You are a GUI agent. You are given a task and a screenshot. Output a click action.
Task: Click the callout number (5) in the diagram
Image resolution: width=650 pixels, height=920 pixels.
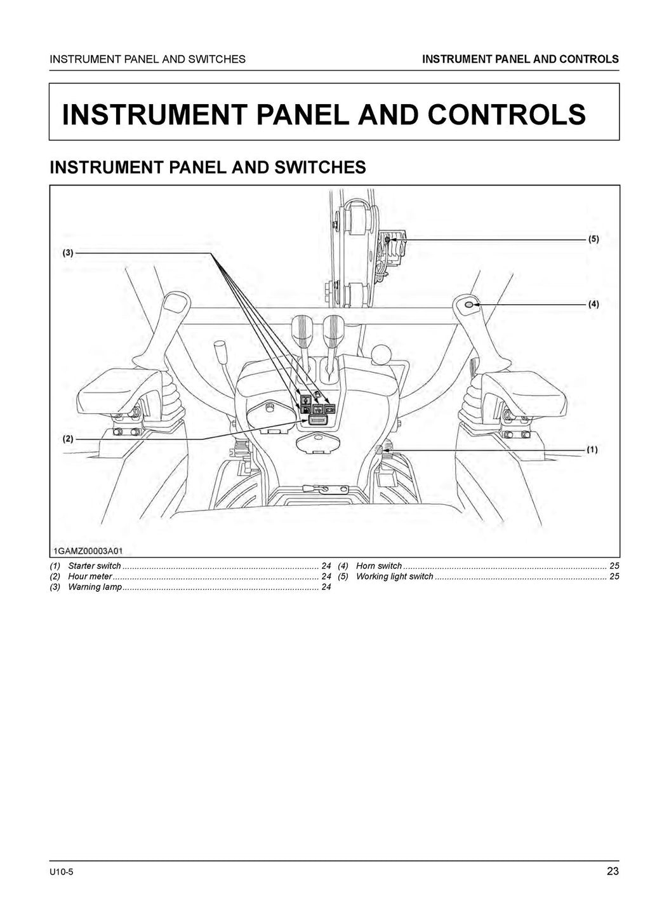pyautogui.click(x=593, y=239)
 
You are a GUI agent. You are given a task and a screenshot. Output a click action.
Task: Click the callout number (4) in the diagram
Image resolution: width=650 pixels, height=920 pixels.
pyautogui.click(x=593, y=304)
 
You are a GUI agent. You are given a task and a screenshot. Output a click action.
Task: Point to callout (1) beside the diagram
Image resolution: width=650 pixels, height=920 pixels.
pyautogui.click(x=592, y=450)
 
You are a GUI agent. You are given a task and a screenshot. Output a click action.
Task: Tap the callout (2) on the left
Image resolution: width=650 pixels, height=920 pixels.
pyautogui.click(x=68, y=439)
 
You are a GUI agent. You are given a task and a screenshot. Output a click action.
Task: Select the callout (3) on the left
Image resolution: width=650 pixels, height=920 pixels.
pyautogui.click(x=68, y=253)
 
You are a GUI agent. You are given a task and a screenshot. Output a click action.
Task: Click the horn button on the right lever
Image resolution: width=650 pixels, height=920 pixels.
pyautogui.click(x=469, y=305)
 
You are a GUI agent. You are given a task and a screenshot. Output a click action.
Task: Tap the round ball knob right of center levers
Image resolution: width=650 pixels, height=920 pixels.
pyautogui.click(x=381, y=353)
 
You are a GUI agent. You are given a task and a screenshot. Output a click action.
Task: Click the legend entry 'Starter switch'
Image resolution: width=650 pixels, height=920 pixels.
pyautogui.click(x=94, y=566)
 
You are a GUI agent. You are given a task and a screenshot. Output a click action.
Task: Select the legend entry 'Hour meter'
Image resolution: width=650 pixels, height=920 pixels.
pyautogui.click(x=90, y=577)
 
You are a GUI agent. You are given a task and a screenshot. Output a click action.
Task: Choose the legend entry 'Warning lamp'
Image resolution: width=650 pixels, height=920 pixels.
pyautogui.click(x=95, y=587)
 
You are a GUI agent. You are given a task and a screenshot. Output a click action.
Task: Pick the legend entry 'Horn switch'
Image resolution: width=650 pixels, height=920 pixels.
pyautogui.click(x=378, y=566)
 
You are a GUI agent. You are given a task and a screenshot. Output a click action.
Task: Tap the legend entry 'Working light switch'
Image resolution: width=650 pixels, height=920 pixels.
pyautogui.click(x=394, y=577)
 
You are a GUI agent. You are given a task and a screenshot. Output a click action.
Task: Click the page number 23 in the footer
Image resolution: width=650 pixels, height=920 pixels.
pyautogui.click(x=612, y=871)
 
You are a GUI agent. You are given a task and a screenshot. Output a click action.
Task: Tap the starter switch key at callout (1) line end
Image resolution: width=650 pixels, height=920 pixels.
pyautogui.click(x=380, y=450)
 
